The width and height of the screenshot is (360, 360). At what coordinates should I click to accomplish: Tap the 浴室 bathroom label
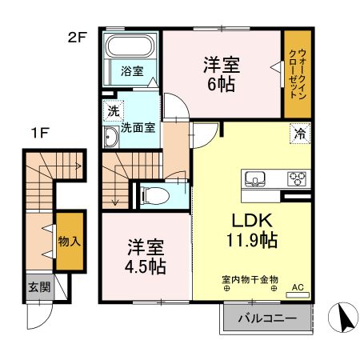tap(132, 71)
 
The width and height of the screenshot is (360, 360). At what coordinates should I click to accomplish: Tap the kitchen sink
tap(255, 178)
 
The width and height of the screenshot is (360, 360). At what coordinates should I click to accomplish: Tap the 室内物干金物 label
tap(250, 279)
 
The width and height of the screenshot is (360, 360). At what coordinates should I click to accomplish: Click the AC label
tap(298, 286)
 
